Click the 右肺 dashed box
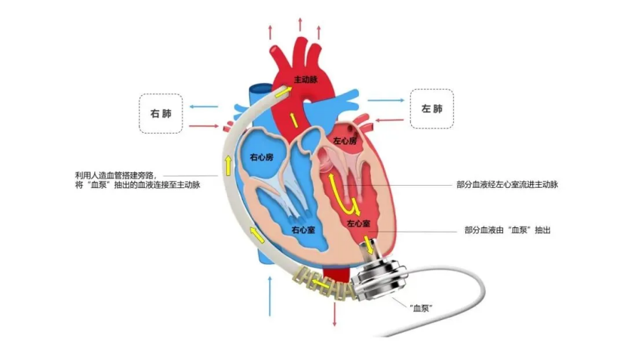coord(161,113)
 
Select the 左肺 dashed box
coord(431,109)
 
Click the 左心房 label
coord(343,140)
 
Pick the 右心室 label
coord(305,228)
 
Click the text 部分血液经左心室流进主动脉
coord(507,185)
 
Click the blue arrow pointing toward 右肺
coord(203,107)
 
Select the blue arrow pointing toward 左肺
coord(385,100)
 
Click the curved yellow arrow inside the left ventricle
coord(348,202)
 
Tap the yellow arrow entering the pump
coord(370,248)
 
